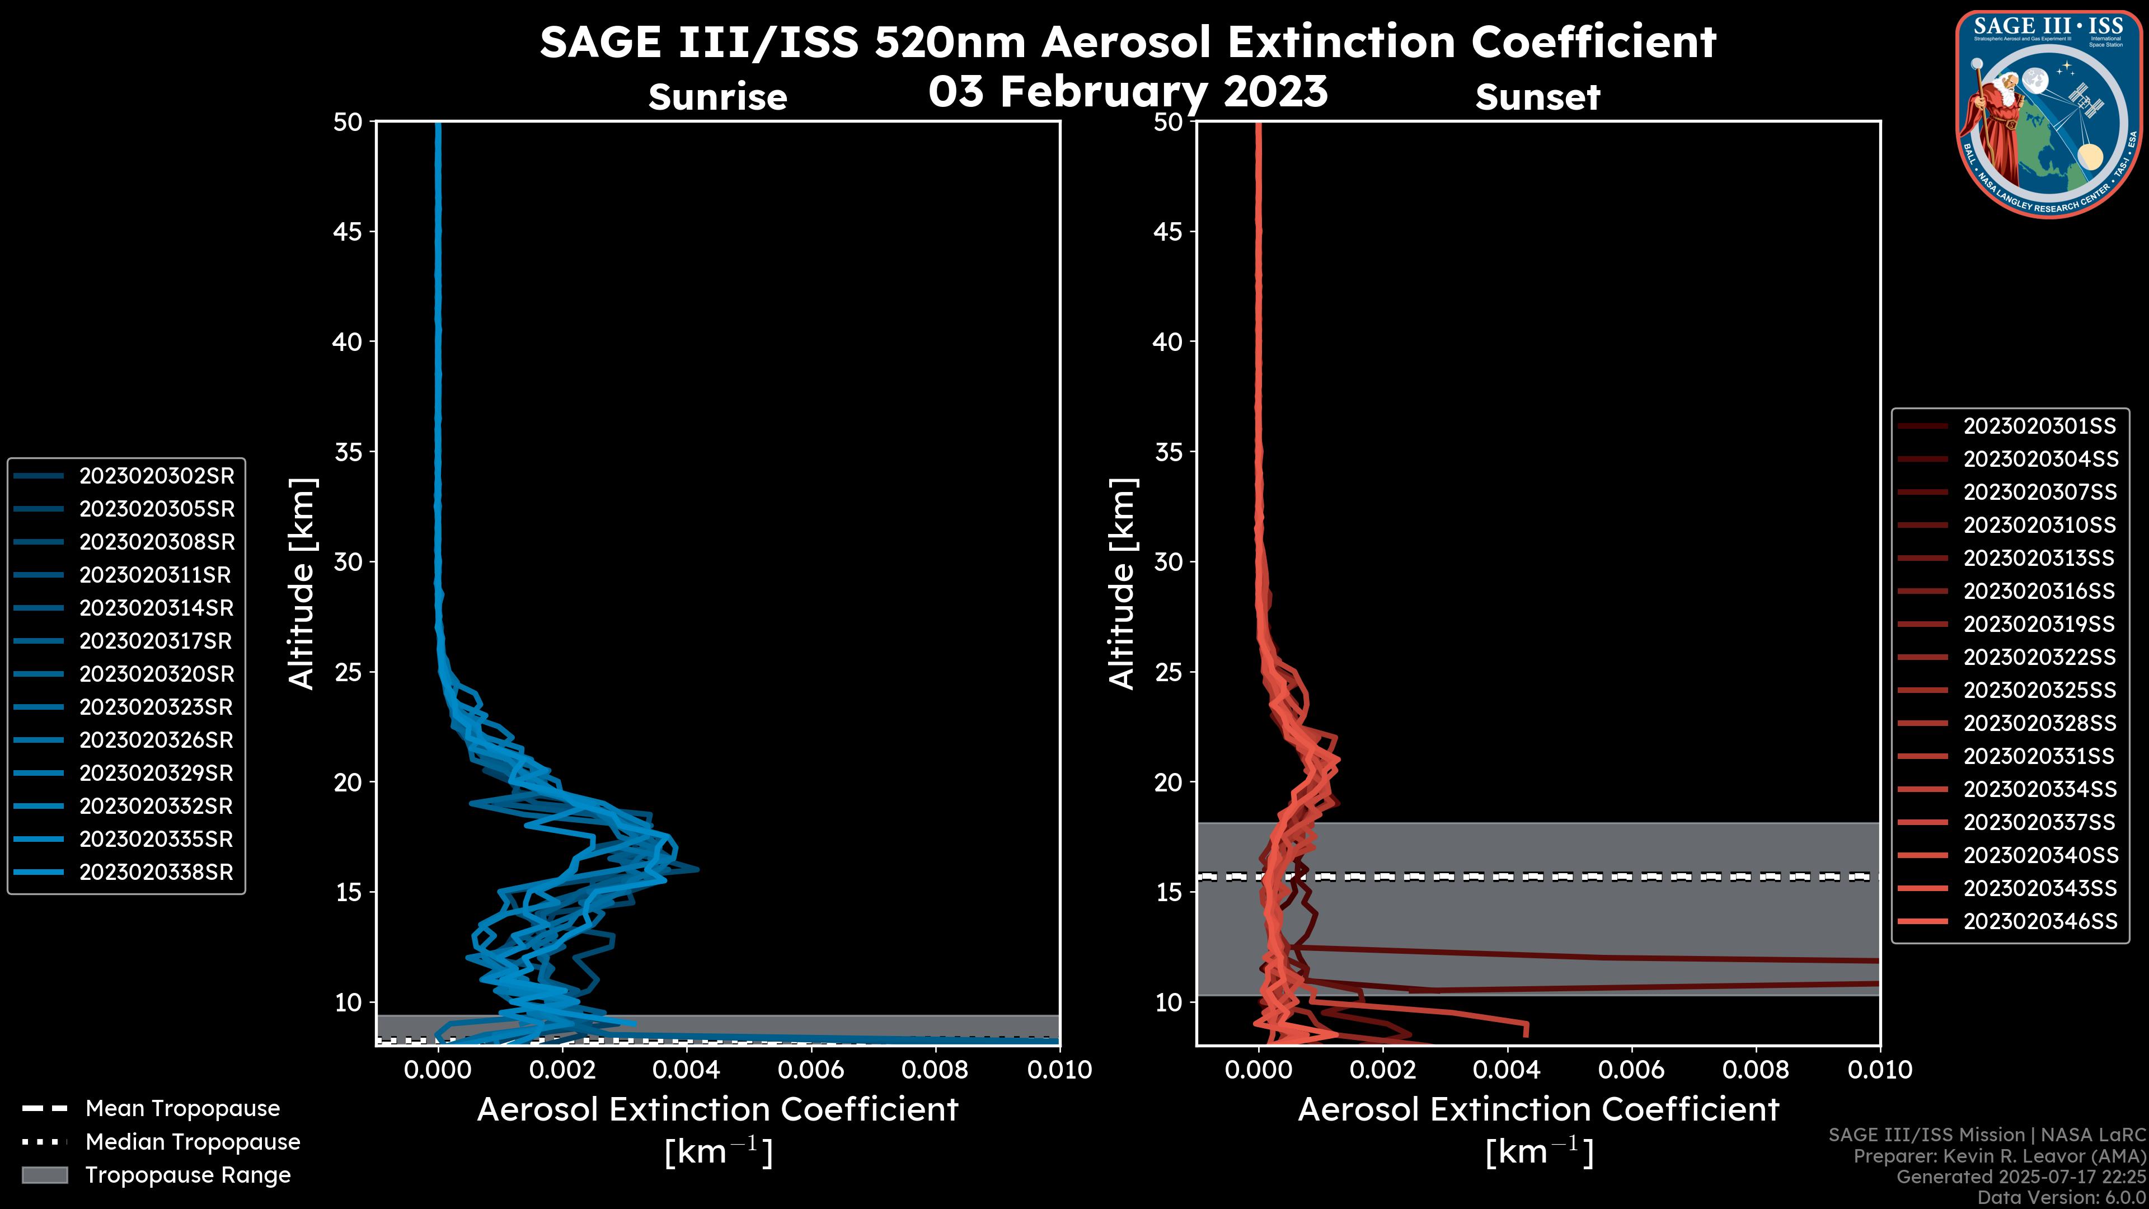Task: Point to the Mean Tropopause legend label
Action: pyautogui.click(x=182, y=1108)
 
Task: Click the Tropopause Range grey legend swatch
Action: pyautogui.click(x=44, y=1175)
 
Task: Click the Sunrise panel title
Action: pyautogui.click(x=717, y=97)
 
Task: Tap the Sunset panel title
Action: pyautogui.click(x=1537, y=97)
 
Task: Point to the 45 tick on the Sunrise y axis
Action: pyautogui.click(x=348, y=231)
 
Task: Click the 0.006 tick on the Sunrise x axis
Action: pyautogui.click(x=810, y=1070)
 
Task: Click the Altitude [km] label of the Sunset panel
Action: pyautogui.click(x=1122, y=583)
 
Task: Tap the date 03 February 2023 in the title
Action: pyautogui.click(x=1128, y=91)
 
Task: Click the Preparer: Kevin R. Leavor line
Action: pyautogui.click(x=1999, y=1156)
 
